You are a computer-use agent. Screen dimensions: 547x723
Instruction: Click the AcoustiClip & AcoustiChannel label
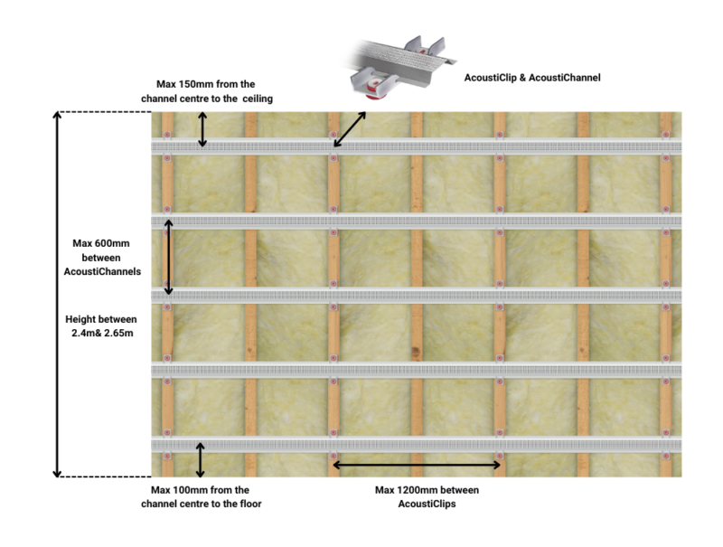531,79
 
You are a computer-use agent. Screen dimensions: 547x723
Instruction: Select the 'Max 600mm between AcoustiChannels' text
107,257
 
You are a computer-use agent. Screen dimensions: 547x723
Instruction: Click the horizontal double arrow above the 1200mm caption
417,465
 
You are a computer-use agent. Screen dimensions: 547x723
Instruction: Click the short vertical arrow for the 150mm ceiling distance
202,129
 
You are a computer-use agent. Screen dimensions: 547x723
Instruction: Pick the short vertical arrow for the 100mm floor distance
201,459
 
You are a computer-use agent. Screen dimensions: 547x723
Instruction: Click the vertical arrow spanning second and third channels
168,257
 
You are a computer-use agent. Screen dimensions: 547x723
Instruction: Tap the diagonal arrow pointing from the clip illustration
350,129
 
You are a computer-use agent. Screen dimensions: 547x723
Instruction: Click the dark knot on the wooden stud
417,352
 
